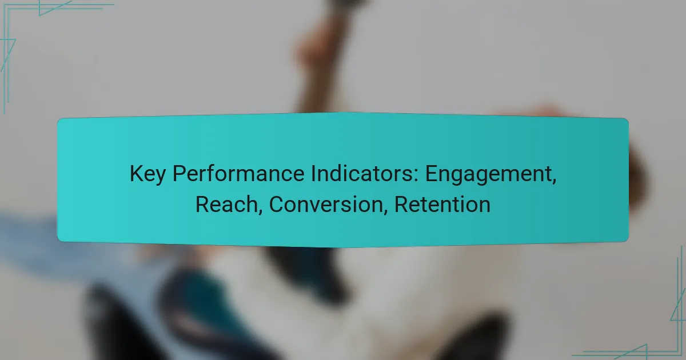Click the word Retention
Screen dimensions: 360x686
tap(442, 204)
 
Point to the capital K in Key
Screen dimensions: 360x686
tap(135, 174)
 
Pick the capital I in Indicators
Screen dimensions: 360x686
tap(297, 174)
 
